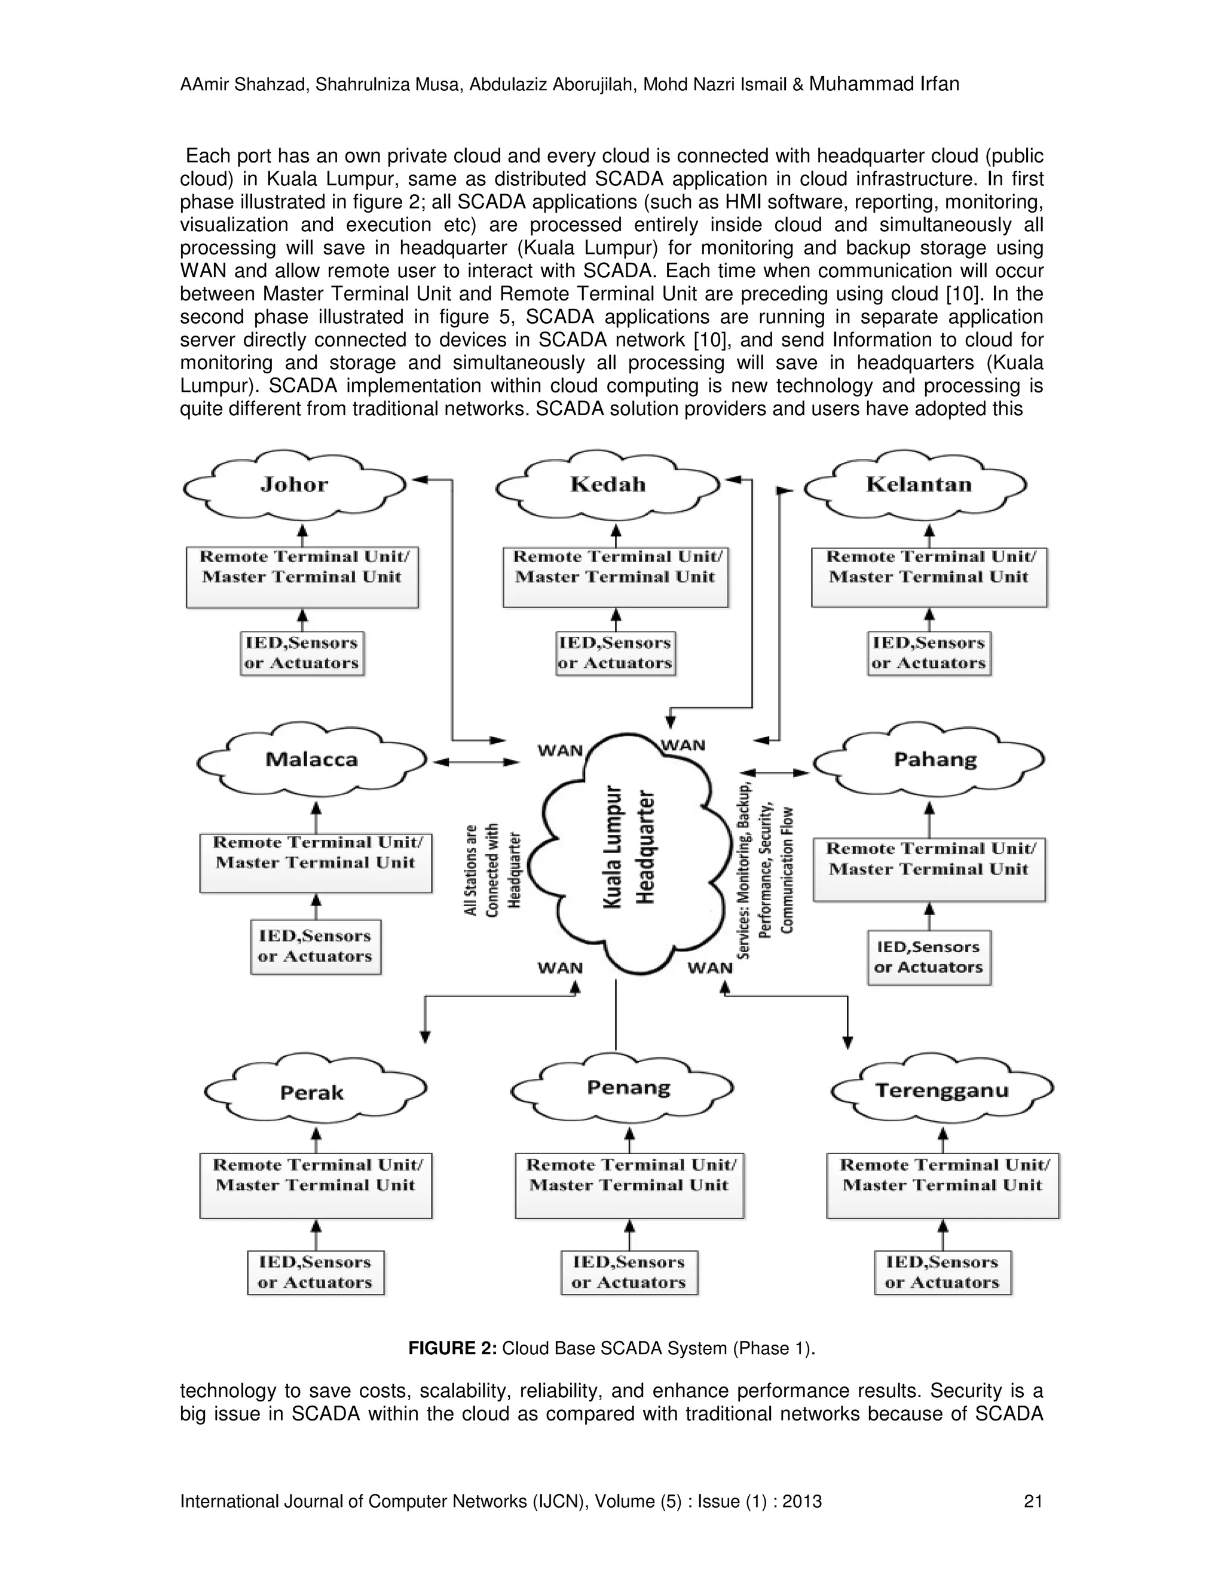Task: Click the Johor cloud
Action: [x=295, y=484]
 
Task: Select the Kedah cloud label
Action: [x=608, y=484]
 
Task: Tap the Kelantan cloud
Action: [x=918, y=484]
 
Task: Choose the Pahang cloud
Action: [x=935, y=760]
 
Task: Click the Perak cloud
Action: [x=312, y=1093]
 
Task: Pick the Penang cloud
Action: [x=628, y=1088]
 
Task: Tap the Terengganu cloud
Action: [x=941, y=1091]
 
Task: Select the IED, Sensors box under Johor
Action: [x=302, y=653]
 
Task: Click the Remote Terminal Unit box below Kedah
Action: [x=615, y=577]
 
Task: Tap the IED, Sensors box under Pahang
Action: [x=928, y=957]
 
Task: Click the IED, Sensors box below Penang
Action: [x=628, y=1272]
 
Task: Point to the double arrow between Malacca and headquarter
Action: [x=476, y=762]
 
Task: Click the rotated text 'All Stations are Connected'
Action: [x=492, y=869]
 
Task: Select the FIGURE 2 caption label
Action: [x=452, y=1348]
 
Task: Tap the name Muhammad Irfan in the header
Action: [x=884, y=84]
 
